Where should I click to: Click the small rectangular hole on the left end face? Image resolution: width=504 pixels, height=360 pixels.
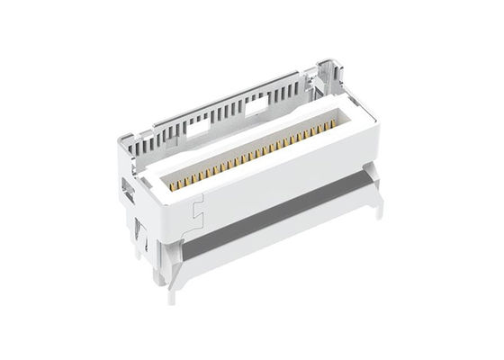(x=127, y=190)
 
